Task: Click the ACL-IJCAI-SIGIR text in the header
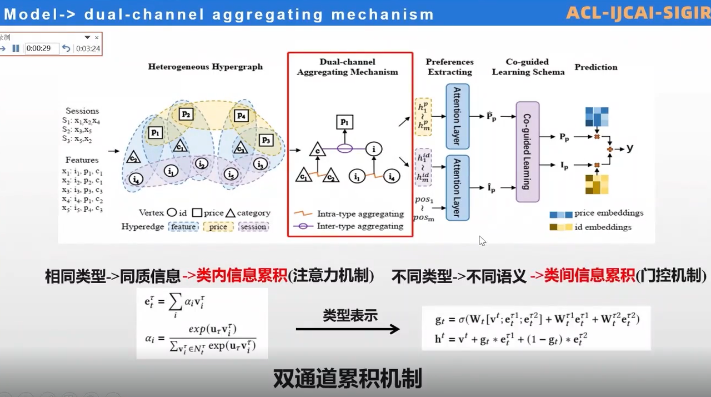point(638,12)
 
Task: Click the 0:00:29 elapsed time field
point(42,48)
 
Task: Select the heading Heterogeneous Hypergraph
point(205,67)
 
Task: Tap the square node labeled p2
point(186,115)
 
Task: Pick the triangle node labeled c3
point(240,148)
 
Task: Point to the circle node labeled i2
point(202,163)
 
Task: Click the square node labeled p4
point(241,116)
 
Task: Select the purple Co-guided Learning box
point(527,152)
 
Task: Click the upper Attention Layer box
point(458,116)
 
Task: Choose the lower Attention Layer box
point(458,187)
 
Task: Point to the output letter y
point(630,148)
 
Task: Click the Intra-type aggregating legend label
point(360,214)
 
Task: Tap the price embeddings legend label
point(609,213)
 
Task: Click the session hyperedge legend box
point(253,227)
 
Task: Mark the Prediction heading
point(596,67)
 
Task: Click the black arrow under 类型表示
point(348,329)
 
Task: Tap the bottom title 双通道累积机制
point(347,379)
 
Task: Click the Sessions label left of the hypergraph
point(82,111)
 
